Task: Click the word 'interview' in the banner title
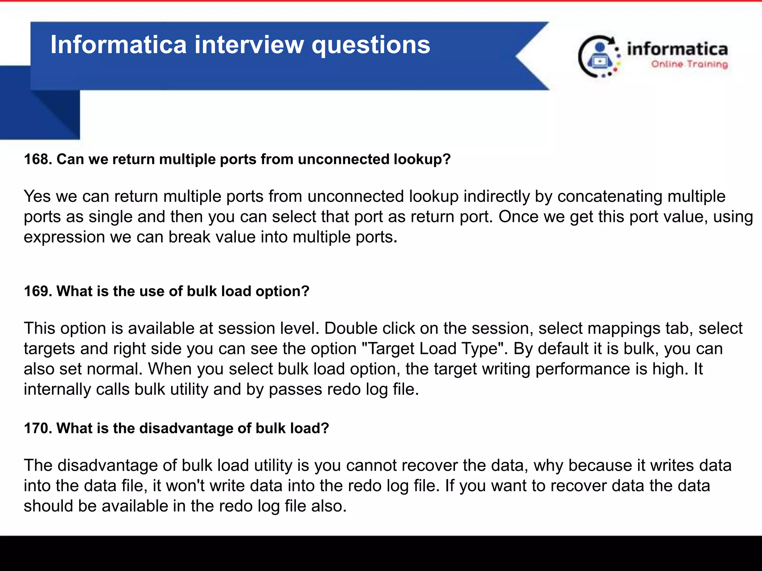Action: click(249, 45)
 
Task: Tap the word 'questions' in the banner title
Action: click(371, 45)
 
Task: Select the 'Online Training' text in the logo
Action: click(689, 64)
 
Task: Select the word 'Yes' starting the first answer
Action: click(37, 196)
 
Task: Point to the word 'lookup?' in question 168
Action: click(422, 159)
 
